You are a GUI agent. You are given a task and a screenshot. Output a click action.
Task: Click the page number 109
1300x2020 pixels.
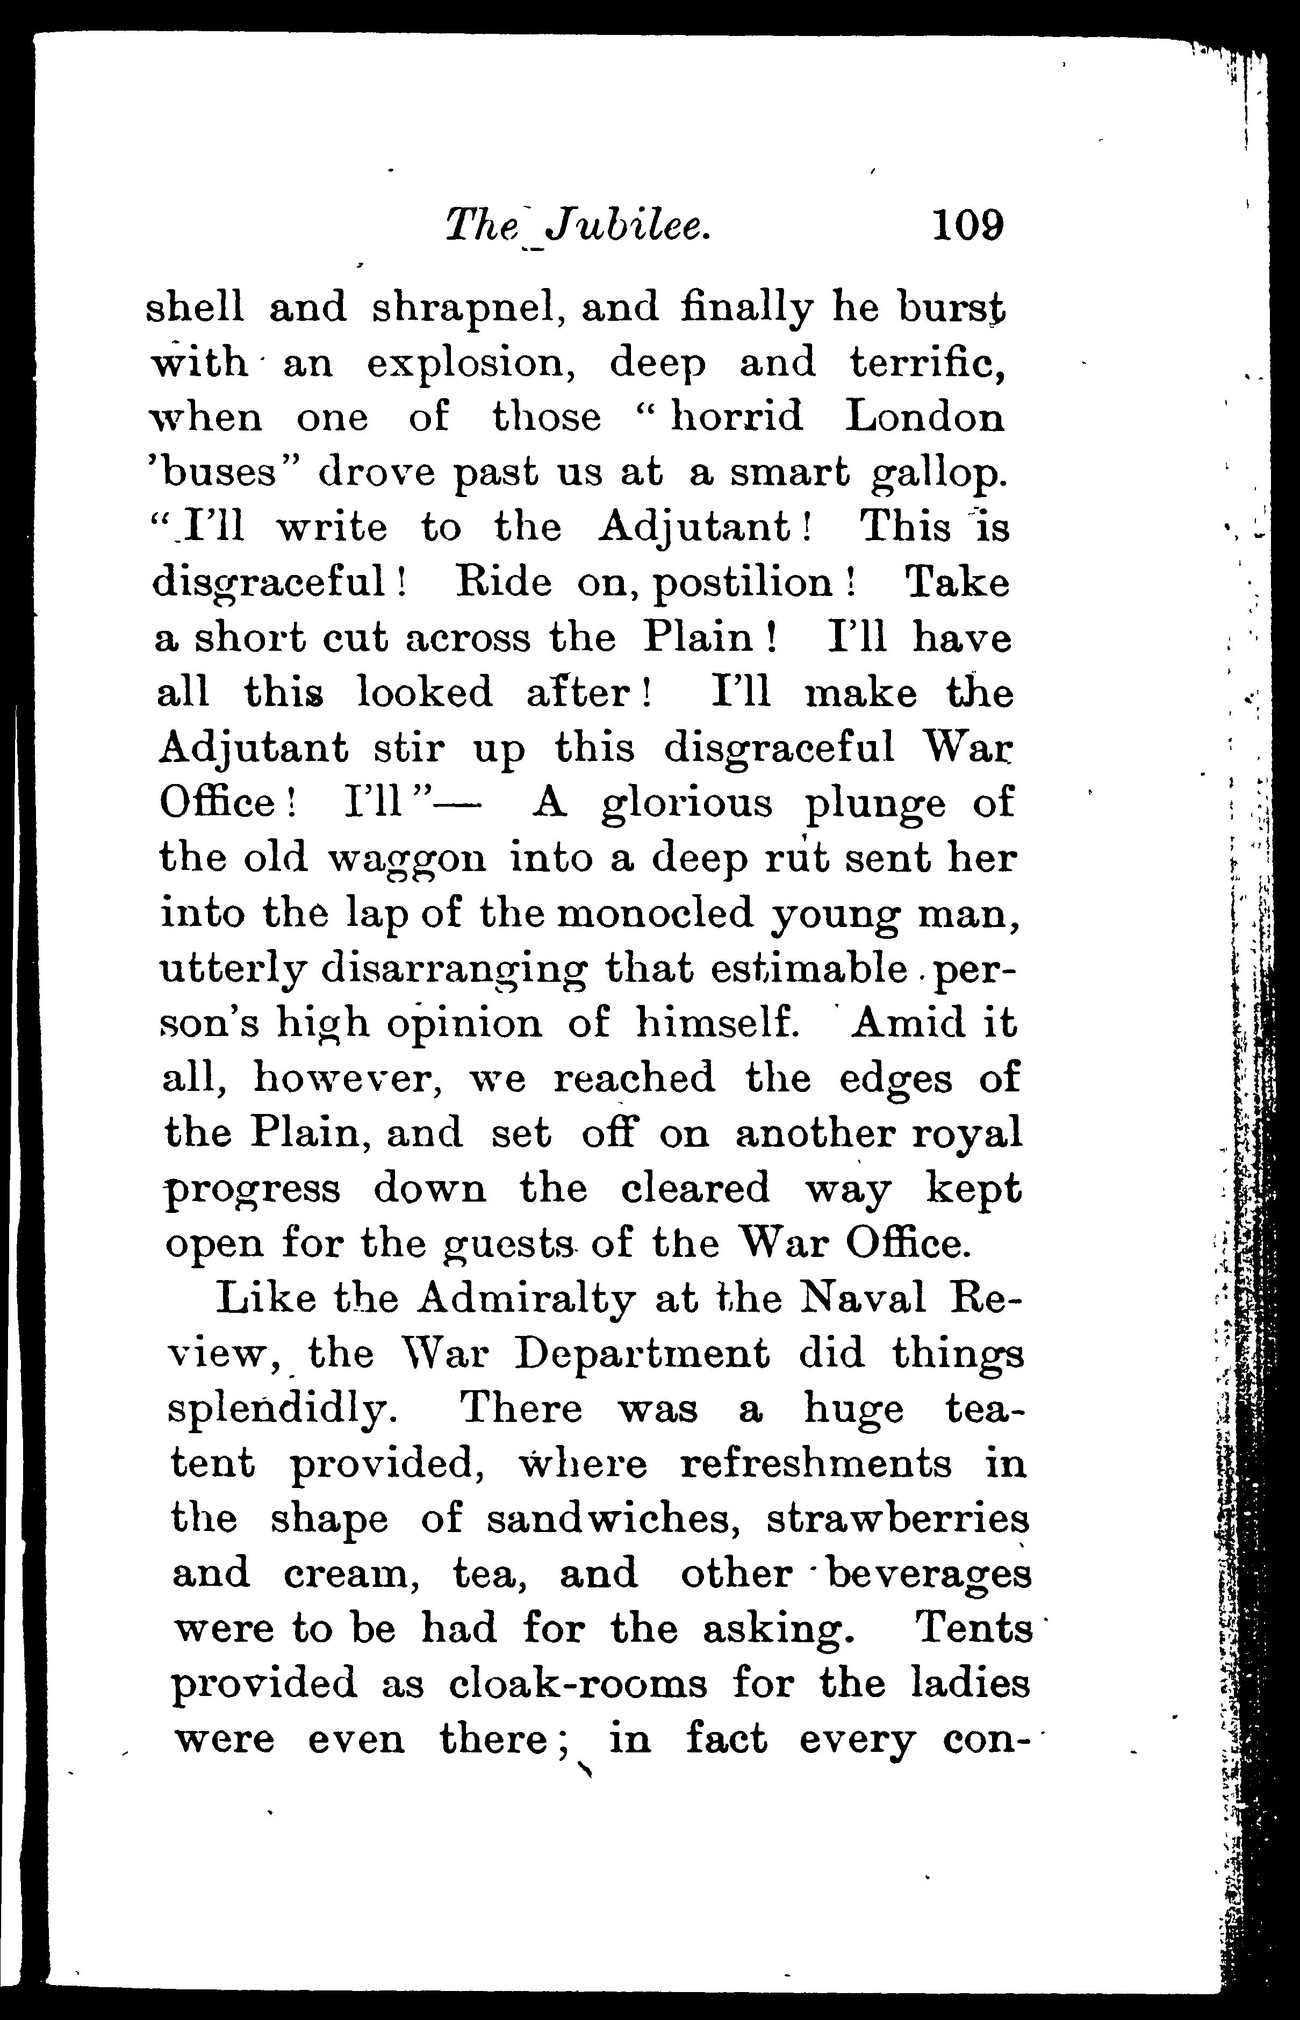[967, 226]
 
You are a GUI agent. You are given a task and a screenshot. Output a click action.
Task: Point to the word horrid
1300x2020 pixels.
[735, 418]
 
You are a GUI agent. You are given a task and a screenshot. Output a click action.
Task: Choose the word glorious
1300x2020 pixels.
[686, 803]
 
